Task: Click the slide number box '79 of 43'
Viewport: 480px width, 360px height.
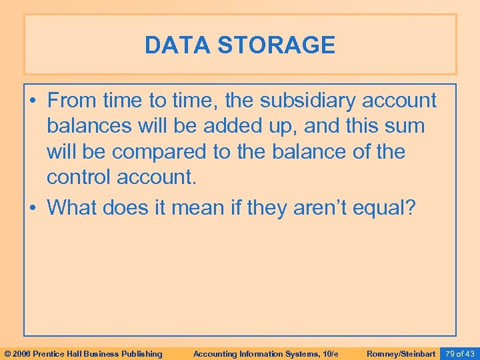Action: tap(460, 353)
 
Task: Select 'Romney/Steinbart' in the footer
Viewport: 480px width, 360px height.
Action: tap(401, 353)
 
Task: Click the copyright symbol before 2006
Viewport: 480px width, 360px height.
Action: tap(7, 353)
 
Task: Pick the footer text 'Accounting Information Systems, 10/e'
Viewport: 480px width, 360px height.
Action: tap(264, 353)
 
